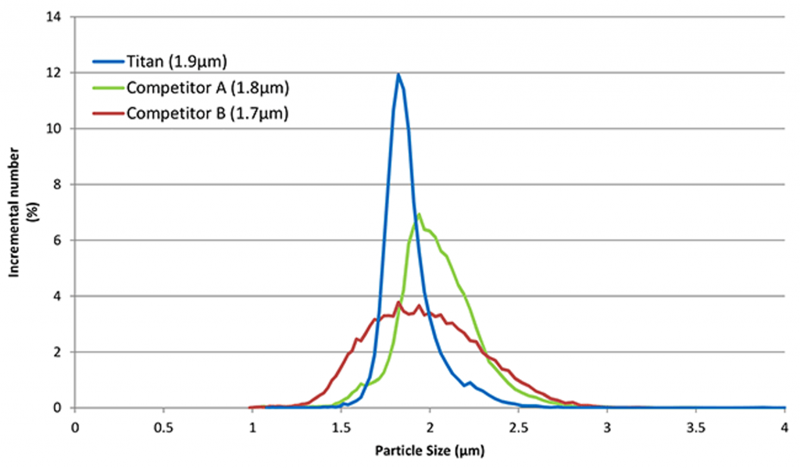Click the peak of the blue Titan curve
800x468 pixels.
pyautogui.click(x=398, y=74)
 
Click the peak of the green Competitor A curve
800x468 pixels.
pyautogui.click(x=420, y=214)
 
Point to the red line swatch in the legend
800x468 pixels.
pyautogui.click(x=105, y=113)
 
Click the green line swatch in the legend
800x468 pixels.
pyautogui.click(x=105, y=87)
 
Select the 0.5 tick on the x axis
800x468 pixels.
pyautogui.click(x=163, y=427)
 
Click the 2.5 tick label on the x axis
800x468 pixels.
pyautogui.click(x=519, y=427)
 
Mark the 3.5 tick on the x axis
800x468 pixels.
pyautogui.click(x=696, y=427)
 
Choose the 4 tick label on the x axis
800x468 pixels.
pyautogui.click(x=784, y=427)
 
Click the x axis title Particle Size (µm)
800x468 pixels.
pyautogui.click(x=430, y=451)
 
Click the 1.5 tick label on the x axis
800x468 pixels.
pyautogui.click(x=341, y=427)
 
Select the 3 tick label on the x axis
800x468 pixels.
pyautogui.click(x=607, y=427)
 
